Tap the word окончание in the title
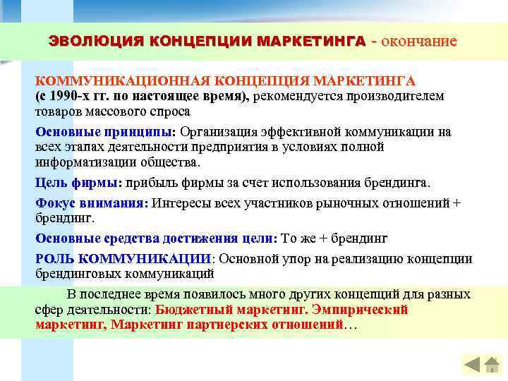tap(419, 41)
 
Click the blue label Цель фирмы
tap(77, 182)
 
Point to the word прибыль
tap(154, 182)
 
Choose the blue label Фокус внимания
tap(90, 202)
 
